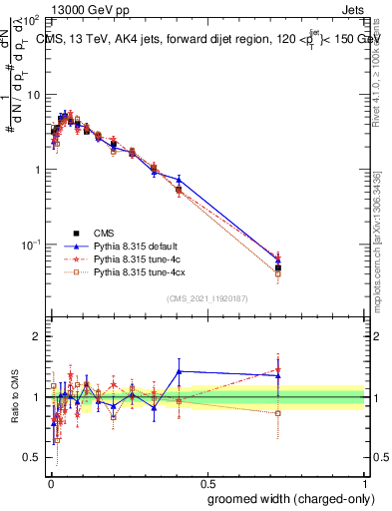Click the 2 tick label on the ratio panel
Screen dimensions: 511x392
pos(38,336)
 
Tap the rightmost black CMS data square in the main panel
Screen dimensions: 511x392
pos(278,267)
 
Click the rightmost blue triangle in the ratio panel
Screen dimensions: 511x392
pos(278,375)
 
